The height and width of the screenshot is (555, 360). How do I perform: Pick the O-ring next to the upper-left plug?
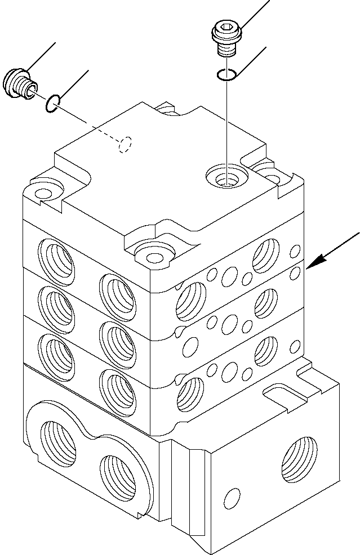coord(52,103)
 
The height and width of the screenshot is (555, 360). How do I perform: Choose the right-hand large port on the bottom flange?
coord(121,471)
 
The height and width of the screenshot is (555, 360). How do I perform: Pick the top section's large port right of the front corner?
coord(190,298)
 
